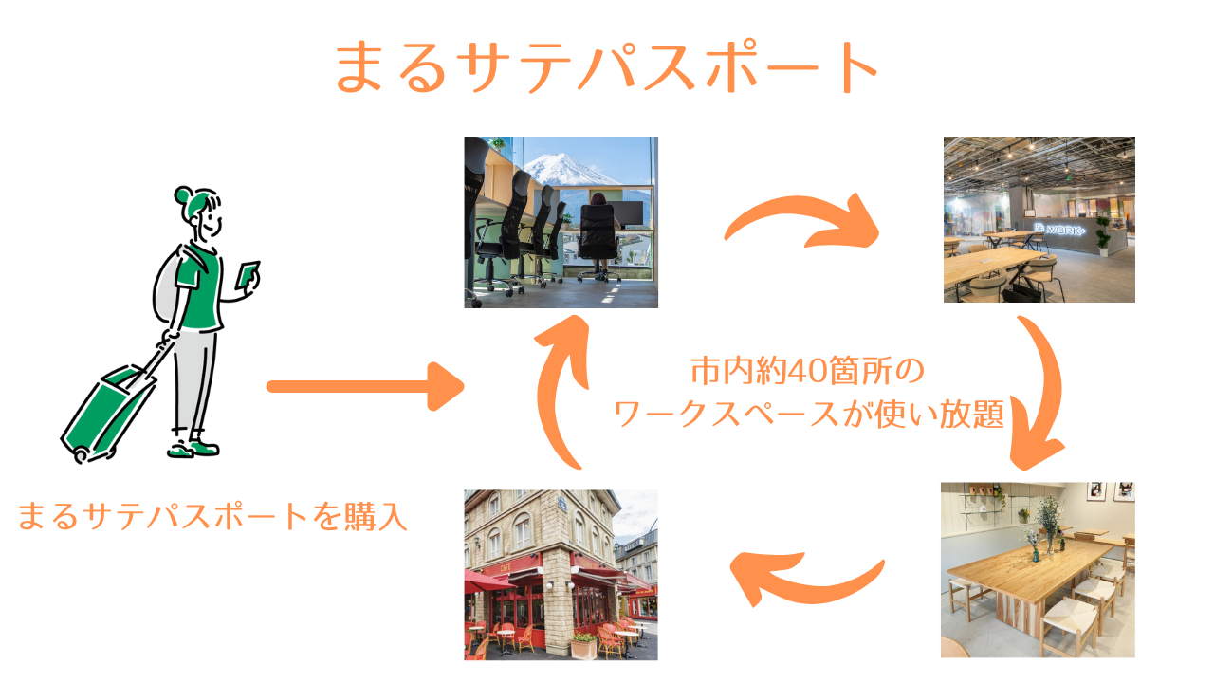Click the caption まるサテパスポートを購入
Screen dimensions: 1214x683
coord(212,517)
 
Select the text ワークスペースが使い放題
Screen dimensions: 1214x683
coord(809,415)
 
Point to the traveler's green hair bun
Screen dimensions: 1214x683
coord(184,195)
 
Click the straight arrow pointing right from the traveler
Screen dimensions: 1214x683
coord(364,386)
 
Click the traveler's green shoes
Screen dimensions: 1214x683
coord(194,447)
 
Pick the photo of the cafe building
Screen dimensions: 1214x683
coord(561,574)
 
